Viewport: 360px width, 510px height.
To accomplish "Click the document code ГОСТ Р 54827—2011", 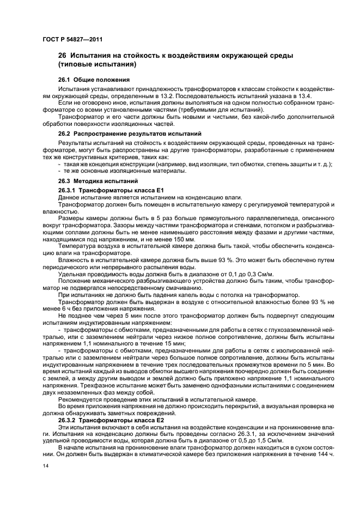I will [x=72, y=40].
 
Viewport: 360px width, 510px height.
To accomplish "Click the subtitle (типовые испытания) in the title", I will [x=97, y=65].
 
